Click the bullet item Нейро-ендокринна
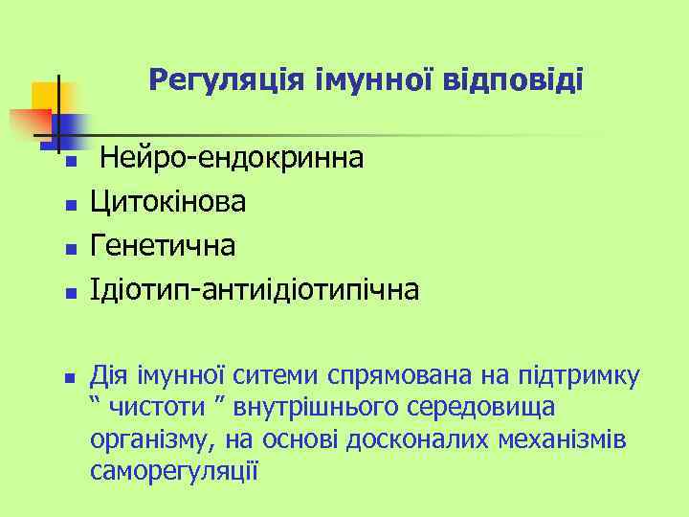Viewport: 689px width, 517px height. [232, 157]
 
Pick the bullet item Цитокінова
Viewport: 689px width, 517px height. [167, 201]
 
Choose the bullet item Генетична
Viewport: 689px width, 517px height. [163, 245]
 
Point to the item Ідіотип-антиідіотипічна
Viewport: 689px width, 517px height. [255, 289]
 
